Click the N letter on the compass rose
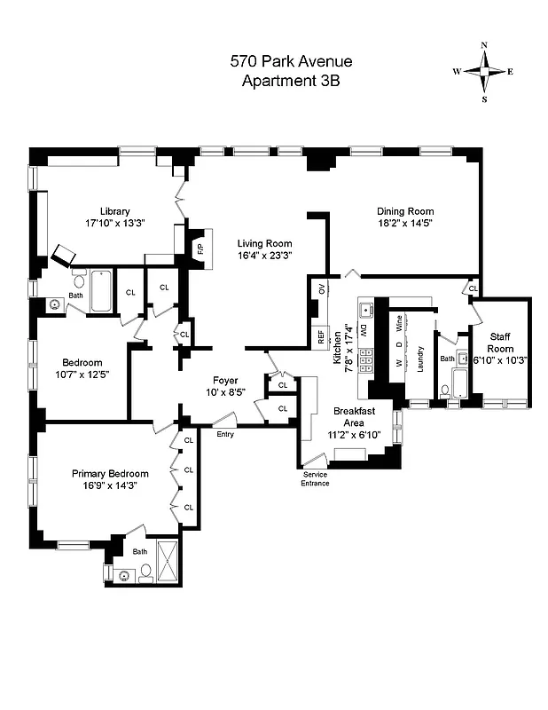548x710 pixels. (484, 45)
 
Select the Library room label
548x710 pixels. (115, 211)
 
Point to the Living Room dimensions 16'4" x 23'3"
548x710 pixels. (264, 256)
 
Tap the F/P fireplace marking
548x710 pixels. (200, 248)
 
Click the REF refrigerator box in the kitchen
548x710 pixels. (319, 337)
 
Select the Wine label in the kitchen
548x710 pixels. (399, 323)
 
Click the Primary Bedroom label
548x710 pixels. (110, 474)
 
